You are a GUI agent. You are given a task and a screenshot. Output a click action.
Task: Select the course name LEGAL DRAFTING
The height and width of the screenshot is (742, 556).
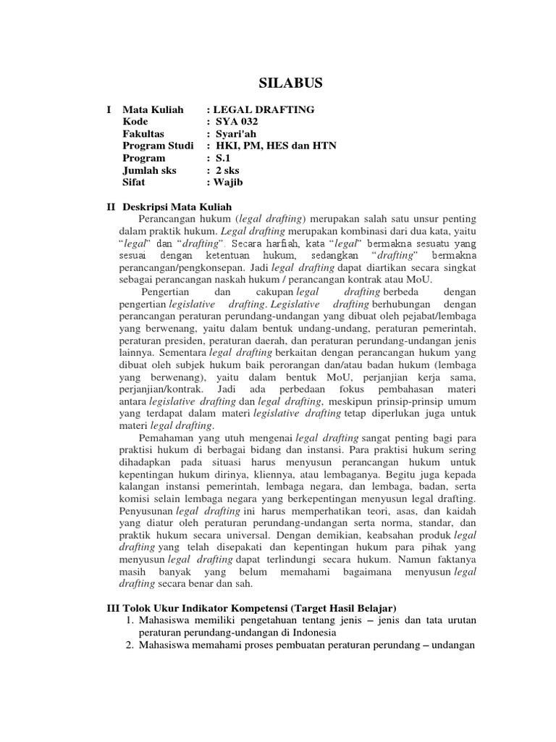pyautogui.click(x=264, y=109)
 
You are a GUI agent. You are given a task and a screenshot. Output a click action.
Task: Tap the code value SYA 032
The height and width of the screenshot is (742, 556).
pyautogui.click(x=236, y=122)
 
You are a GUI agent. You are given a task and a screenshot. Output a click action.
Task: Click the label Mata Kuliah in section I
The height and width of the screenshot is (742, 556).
pyautogui.click(x=153, y=109)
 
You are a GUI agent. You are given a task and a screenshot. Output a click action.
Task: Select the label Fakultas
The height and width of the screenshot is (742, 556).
pyautogui.click(x=143, y=134)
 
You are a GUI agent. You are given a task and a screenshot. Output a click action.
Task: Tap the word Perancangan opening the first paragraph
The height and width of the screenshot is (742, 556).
pyautogui.click(x=172, y=219)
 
